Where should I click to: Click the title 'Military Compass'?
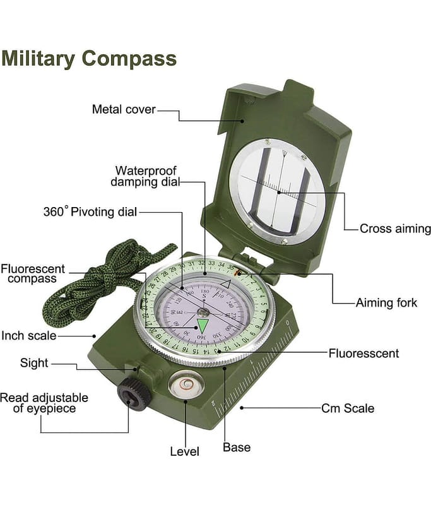coord(89,59)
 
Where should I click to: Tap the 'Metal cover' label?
coord(124,109)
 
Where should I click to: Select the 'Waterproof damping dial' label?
coord(146,176)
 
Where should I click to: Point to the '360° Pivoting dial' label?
coord(90,211)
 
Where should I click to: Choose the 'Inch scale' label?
coord(29,336)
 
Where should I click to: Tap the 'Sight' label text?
coord(34,363)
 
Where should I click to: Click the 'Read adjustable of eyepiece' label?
coord(44,403)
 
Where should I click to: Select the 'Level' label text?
coord(185,451)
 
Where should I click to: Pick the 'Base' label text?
coord(237,448)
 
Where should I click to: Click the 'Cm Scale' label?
coord(348,408)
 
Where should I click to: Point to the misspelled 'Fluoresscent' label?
coord(363,353)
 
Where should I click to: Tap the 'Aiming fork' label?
coord(387,303)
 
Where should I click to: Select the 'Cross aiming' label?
coord(395,229)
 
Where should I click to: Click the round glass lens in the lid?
coord(278,189)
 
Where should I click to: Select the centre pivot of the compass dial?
coord(204,311)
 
